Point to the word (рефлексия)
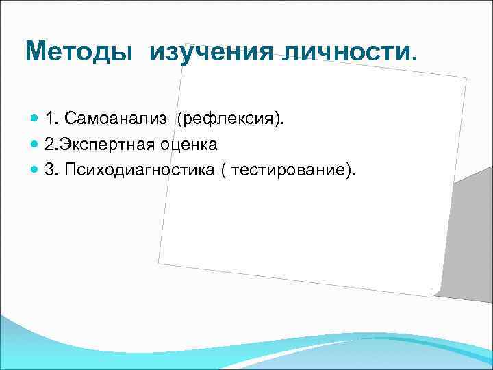click(229, 120)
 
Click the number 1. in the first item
click(51, 120)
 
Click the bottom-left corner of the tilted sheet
click(159, 262)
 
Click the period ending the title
click(412, 60)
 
